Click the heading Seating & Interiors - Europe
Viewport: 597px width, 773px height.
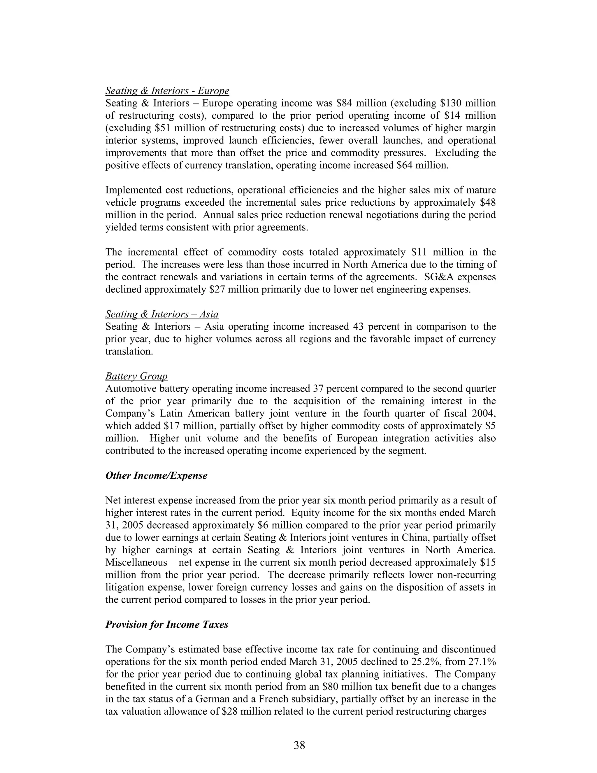(167, 91)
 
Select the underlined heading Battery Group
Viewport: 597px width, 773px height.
(136, 376)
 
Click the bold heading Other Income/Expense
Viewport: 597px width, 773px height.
(156, 475)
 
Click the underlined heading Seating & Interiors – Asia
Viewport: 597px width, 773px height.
(161, 314)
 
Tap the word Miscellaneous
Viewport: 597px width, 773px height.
(136, 562)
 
